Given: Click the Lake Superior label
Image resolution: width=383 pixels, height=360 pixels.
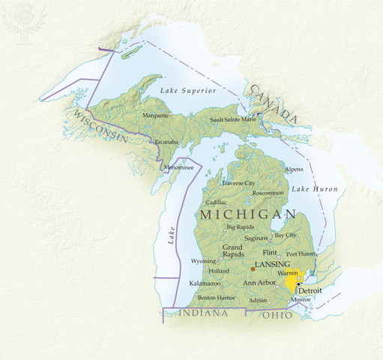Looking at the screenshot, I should pos(188,91).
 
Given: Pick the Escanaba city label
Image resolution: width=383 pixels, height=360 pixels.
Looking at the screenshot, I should pos(165,142).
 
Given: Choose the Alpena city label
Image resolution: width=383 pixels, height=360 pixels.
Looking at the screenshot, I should pos(294,169).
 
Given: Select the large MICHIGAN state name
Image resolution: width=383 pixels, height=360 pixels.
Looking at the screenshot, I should pos(247,214).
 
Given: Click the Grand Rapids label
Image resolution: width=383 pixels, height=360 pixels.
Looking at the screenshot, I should pos(232,250).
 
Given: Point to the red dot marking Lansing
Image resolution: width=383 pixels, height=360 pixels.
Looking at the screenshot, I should pos(253,268).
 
